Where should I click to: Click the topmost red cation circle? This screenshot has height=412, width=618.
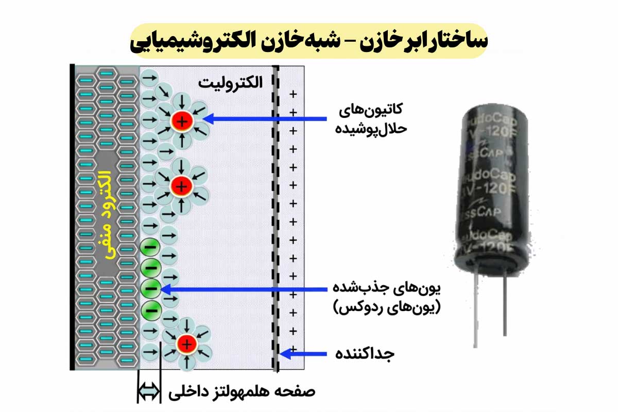tap(182, 121)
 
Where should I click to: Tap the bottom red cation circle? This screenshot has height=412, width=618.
tap(186, 344)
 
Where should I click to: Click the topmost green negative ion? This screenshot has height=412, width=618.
tap(150, 248)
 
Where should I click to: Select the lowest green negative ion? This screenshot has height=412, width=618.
tap(151, 309)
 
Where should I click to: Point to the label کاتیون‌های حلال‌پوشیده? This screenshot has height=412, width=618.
tap(371, 119)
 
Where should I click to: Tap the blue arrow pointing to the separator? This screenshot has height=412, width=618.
tap(304, 354)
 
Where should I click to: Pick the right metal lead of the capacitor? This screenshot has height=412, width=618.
tap(506, 304)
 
